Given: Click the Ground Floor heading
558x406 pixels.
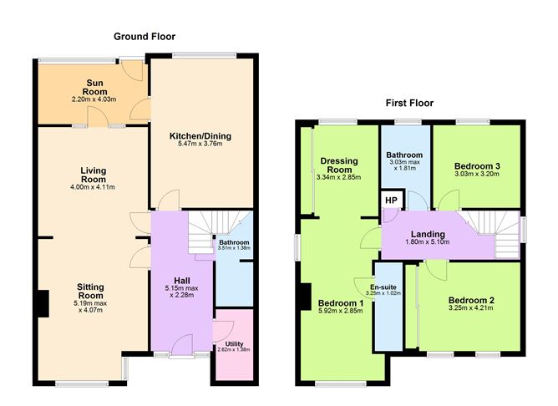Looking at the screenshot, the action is pos(145,37).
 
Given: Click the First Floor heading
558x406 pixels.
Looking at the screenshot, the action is pos(409,104).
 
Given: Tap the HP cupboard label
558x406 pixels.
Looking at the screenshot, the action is pos(391,200).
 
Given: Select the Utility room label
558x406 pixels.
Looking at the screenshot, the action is pos(234,343).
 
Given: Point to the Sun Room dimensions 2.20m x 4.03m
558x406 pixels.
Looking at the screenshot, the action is pos(94,99).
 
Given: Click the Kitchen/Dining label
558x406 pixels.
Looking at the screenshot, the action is pos(200,136).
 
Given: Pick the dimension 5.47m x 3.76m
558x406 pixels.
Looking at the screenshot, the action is pos(200,144).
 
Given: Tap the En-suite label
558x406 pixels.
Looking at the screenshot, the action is pos(383,287).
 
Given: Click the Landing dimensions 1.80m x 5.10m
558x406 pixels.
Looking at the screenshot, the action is pos(428,242).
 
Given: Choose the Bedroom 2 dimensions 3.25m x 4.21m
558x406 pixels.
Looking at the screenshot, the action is pos(471,307).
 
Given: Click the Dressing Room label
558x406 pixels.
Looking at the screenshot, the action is pos(339,165).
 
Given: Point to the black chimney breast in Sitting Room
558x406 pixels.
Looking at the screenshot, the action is pos(43,303).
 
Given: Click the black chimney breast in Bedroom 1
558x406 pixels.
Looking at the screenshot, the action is pos(306,297).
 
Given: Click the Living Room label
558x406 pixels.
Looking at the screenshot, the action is pos(94,175).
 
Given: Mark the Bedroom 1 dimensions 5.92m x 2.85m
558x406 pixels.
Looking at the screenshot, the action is pos(341,311).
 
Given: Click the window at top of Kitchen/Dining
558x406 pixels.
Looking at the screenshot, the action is pos(205,55).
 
